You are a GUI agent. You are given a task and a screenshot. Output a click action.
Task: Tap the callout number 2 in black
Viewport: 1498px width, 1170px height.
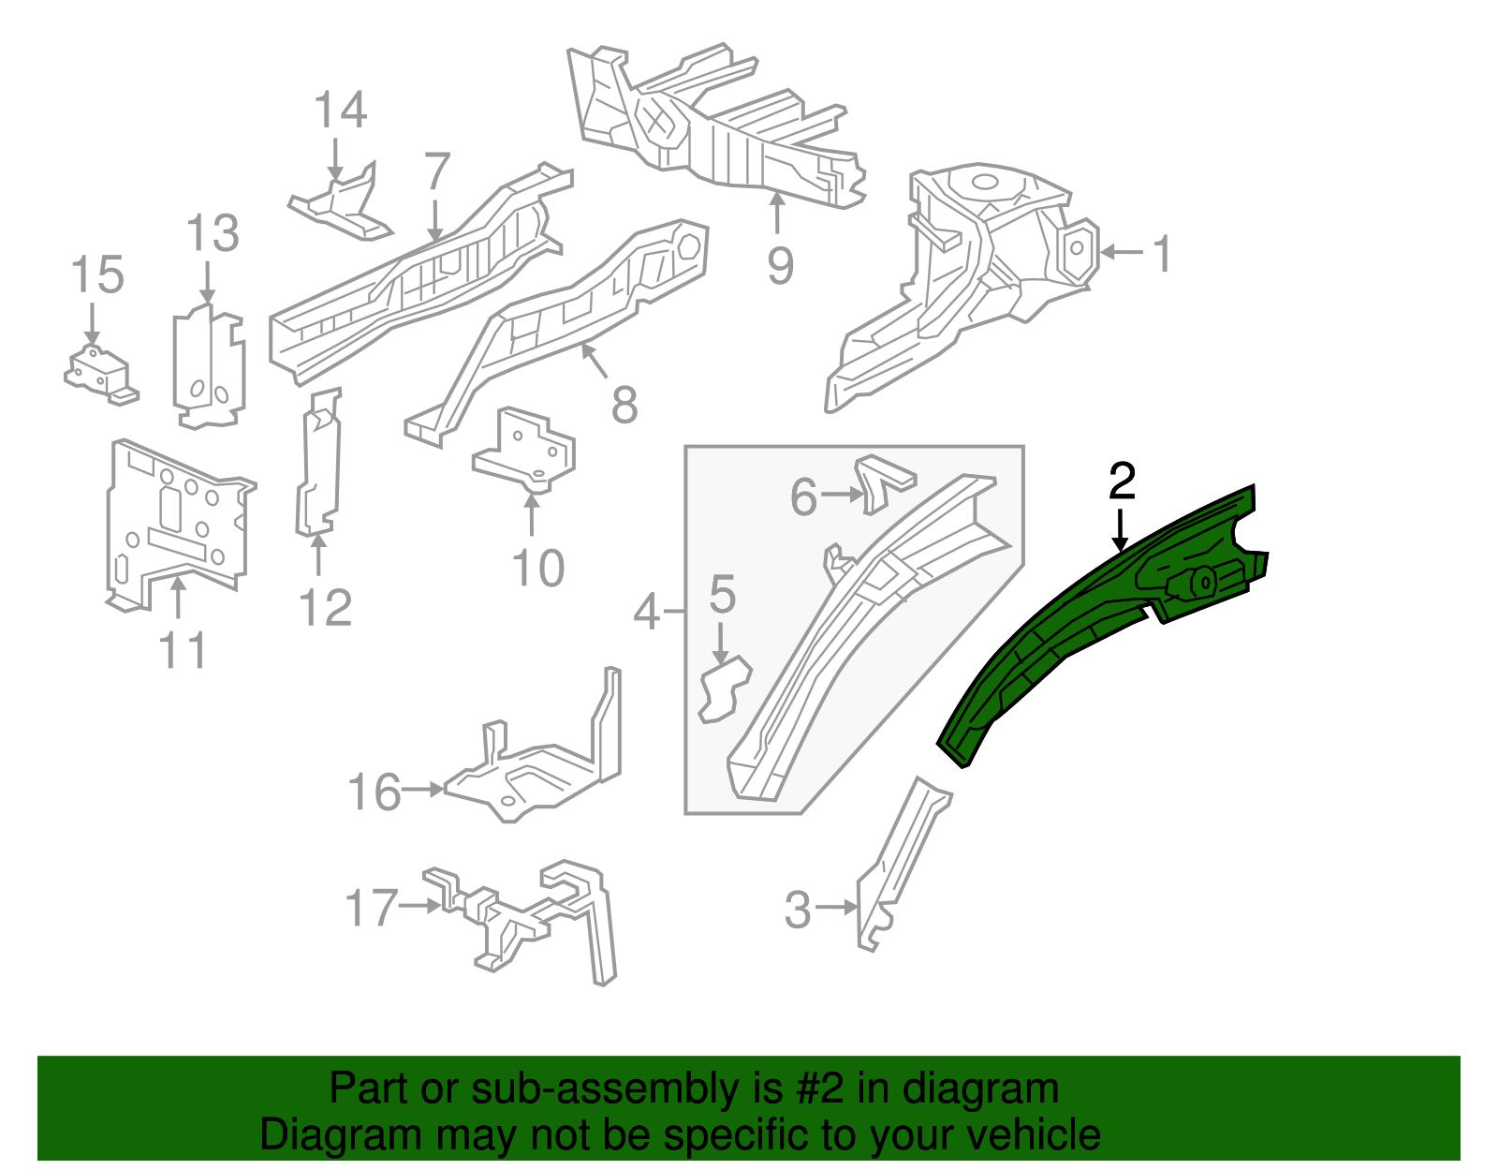[1121, 481]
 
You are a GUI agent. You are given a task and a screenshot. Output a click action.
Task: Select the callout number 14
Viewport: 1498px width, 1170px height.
[340, 111]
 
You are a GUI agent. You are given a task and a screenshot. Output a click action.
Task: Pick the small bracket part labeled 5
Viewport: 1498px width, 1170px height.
[725, 689]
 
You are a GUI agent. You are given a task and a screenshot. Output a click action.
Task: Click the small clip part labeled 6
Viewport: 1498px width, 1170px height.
[885, 479]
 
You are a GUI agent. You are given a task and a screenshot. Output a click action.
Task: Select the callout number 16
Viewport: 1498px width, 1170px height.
[374, 792]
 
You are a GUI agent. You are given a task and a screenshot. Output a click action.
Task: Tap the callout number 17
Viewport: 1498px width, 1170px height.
[371, 908]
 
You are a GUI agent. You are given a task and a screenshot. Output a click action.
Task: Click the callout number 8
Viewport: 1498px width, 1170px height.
[624, 405]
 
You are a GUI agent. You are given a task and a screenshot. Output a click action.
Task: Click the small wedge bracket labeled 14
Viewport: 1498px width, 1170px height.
[342, 201]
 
